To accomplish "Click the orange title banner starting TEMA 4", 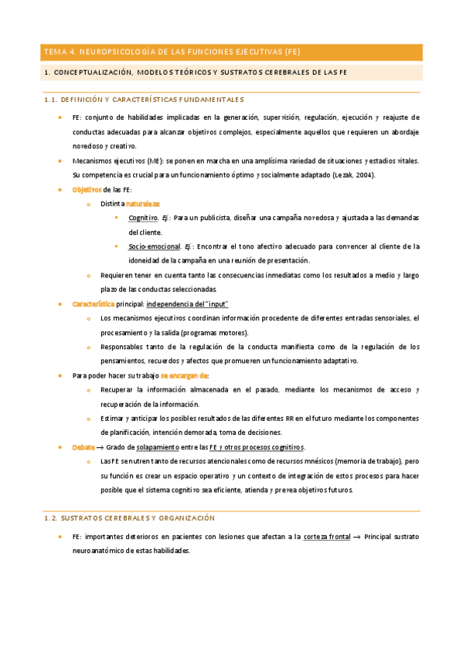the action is click(231, 53).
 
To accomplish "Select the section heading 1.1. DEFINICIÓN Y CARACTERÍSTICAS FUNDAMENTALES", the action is click(145, 100).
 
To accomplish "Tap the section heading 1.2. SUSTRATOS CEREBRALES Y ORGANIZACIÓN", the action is click(129, 518).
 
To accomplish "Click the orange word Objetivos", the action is click(87, 189).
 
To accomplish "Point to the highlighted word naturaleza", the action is click(142, 204).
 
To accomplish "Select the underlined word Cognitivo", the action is click(145, 218).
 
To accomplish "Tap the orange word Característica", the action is click(93, 304).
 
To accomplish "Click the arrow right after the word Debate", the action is click(100, 446).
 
